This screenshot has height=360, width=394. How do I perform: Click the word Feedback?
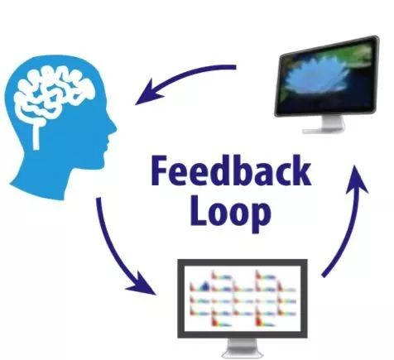point(231,170)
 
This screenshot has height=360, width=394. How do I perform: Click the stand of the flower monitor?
point(325,125)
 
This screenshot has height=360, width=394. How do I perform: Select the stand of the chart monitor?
point(243,348)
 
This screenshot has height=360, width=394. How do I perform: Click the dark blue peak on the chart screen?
point(204,286)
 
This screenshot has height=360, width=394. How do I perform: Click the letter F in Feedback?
point(160,170)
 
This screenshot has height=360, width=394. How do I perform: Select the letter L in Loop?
point(199,209)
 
